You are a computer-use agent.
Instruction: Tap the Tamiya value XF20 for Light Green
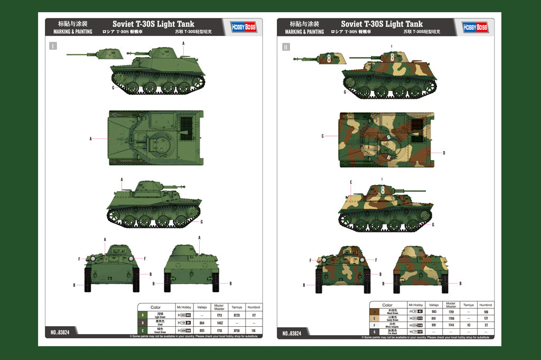pos(236,316)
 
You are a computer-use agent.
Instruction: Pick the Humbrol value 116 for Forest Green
pos(254,330)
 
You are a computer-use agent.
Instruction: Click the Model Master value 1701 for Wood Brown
pos(451,312)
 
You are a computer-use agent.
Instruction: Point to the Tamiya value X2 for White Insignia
pos(468,325)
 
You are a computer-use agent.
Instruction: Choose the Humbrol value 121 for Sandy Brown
pos(485,319)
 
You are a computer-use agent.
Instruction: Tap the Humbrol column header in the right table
pos(485,305)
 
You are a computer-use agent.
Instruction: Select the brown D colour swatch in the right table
pos(374,312)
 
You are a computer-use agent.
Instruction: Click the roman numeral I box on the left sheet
pos(53,46)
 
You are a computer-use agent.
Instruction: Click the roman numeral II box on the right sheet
pos(285,47)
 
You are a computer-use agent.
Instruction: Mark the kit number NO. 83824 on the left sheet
pos(61,333)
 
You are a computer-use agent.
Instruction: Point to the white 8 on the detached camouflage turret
pos(329,59)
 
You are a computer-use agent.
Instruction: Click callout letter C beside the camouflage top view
pos(322,136)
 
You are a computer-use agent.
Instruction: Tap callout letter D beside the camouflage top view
pos(444,153)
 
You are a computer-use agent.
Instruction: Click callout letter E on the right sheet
pos(351,182)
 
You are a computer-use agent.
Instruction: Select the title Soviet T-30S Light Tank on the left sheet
pos(153,24)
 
